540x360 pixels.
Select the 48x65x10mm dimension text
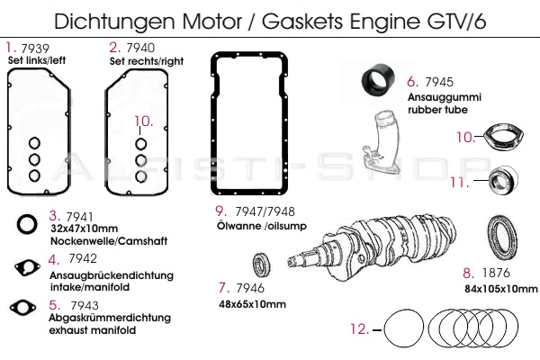pyautogui.click(x=251, y=303)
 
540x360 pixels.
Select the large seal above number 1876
pyautogui.click(x=500, y=236)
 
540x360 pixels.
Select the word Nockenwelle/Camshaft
pyautogui.click(x=96, y=242)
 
